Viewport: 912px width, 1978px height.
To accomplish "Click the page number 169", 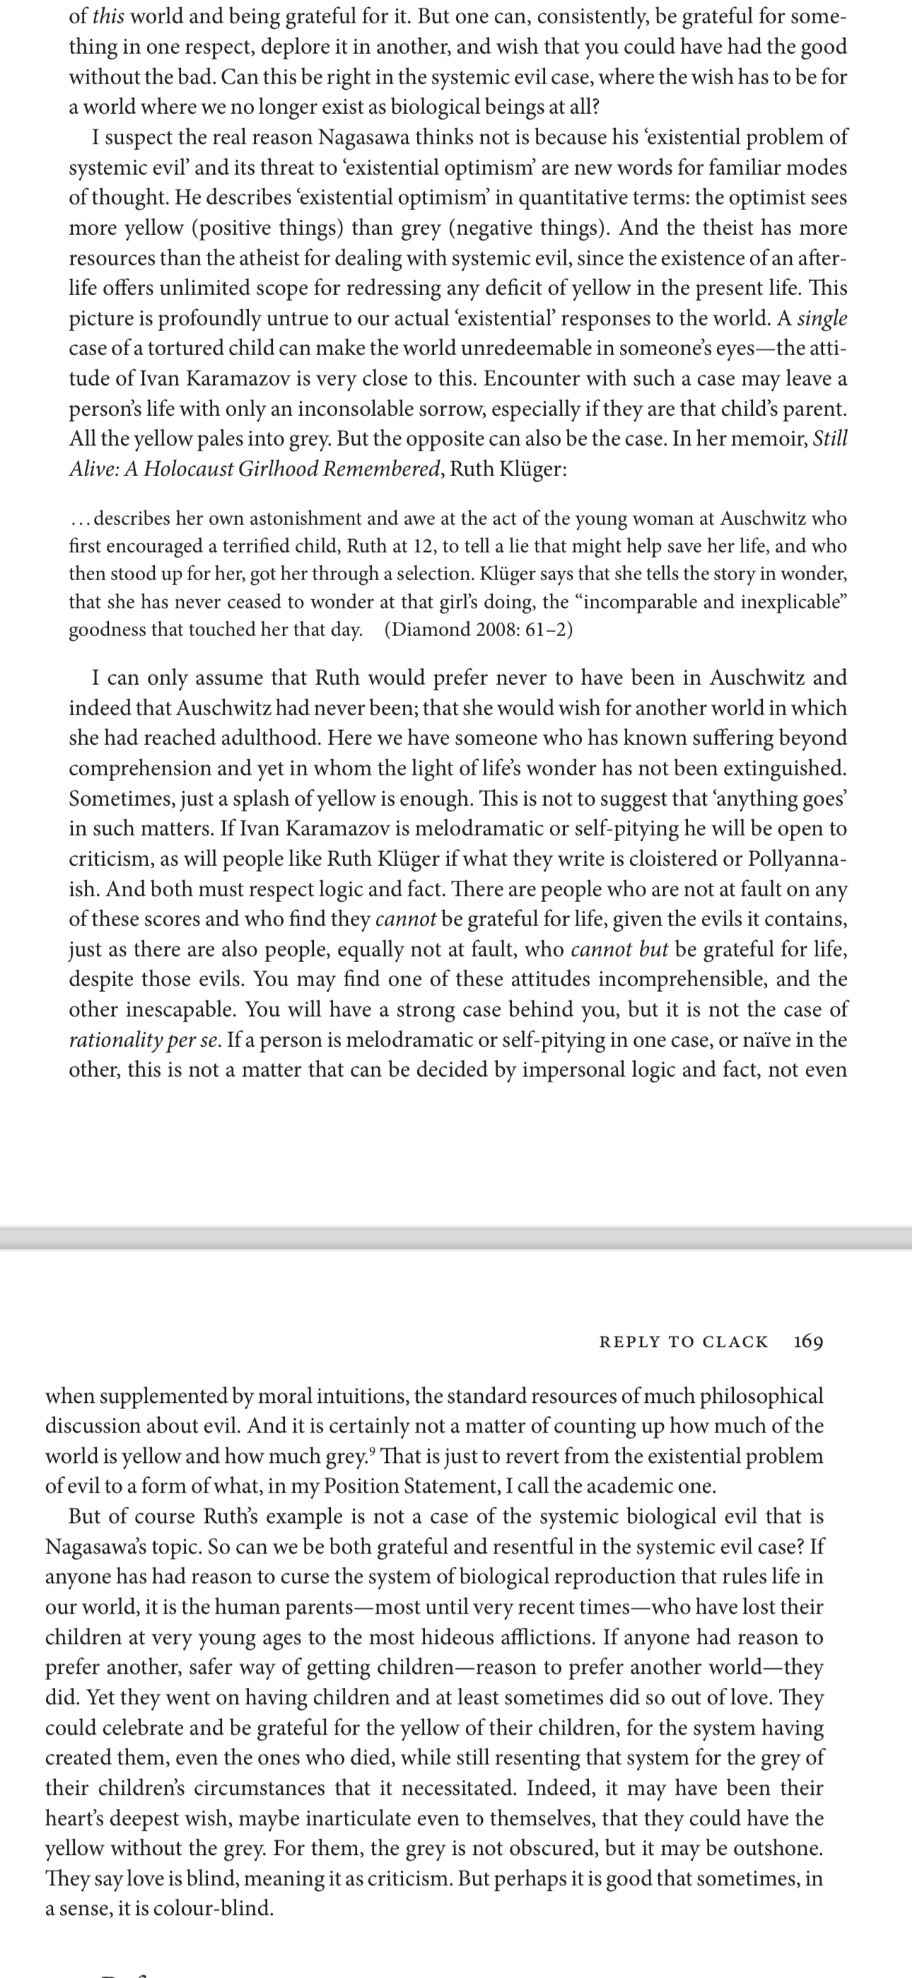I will click(807, 1341).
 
